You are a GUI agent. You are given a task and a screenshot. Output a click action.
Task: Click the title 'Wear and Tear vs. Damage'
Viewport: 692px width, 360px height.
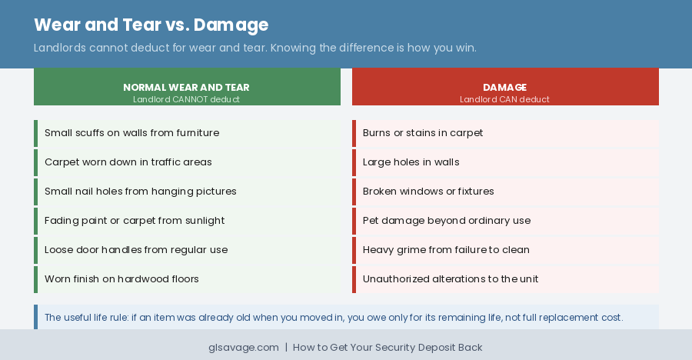151,25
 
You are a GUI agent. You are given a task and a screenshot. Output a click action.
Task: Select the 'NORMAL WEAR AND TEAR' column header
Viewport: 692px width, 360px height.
186,87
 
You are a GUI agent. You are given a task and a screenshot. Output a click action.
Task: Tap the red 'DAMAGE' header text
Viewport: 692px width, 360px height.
504,87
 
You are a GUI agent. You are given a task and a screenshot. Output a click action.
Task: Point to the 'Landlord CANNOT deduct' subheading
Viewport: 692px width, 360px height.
186,99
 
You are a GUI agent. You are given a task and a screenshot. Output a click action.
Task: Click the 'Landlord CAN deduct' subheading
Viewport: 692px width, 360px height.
504,99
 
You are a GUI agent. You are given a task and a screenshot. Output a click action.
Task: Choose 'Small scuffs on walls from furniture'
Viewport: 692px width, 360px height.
131,133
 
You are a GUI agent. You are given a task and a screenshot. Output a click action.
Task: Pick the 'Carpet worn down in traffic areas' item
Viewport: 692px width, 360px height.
128,162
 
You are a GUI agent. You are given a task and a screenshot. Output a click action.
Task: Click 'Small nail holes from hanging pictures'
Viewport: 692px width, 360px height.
140,192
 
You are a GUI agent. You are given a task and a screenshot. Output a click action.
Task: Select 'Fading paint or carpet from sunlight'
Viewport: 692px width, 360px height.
135,221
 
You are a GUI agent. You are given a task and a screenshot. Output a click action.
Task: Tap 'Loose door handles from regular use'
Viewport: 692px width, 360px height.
136,250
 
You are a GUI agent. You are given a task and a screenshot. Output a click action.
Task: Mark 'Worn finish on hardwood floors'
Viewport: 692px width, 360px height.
121,279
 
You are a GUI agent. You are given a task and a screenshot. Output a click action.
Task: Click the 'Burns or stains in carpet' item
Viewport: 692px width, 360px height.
423,133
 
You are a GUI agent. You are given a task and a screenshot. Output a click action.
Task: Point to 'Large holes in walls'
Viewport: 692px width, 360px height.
411,162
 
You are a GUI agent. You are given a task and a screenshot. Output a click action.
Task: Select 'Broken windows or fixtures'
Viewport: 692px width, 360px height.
428,192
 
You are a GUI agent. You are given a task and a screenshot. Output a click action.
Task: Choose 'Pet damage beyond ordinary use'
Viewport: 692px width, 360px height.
446,221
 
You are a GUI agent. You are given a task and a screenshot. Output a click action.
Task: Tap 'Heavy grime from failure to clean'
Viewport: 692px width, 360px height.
446,250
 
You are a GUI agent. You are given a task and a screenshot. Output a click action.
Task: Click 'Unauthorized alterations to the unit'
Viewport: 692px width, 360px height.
451,279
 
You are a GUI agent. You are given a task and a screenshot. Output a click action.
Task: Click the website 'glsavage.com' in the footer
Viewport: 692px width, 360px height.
244,348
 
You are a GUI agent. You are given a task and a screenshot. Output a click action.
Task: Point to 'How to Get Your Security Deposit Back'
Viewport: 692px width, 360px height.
388,348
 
